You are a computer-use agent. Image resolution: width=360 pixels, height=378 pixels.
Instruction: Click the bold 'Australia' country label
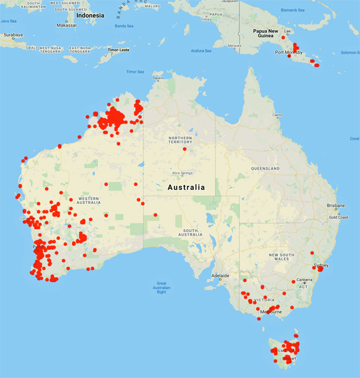pos(186,187)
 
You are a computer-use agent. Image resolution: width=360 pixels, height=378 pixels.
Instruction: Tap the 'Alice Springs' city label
pos(185,173)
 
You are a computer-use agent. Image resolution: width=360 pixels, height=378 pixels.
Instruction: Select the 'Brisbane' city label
pos(336,205)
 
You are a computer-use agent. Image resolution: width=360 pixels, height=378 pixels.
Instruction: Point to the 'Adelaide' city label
pos(220,275)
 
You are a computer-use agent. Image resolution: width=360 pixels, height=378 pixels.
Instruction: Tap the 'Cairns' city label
pos(277,115)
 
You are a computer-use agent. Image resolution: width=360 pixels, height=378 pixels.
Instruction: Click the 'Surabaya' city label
pos(12,35)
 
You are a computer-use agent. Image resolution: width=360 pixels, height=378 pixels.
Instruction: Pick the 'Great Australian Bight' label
pos(161,286)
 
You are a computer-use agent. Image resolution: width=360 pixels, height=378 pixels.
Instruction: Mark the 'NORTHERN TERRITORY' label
pos(180,140)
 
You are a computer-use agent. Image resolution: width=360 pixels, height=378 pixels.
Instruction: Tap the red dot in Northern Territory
pos(185,149)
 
